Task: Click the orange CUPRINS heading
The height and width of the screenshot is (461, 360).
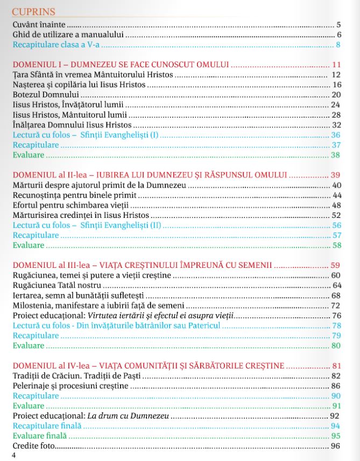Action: (33, 11)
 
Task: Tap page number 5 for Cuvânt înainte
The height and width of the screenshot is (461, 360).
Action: (338, 25)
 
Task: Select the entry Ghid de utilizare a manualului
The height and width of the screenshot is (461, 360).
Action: (68, 35)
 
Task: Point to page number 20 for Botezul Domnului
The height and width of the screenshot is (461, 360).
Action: (336, 95)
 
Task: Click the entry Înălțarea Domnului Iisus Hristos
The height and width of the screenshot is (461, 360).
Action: (72, 125)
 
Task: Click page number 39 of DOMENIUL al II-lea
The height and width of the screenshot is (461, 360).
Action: (336, 175)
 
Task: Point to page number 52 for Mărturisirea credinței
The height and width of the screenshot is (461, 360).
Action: (336, 215)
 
